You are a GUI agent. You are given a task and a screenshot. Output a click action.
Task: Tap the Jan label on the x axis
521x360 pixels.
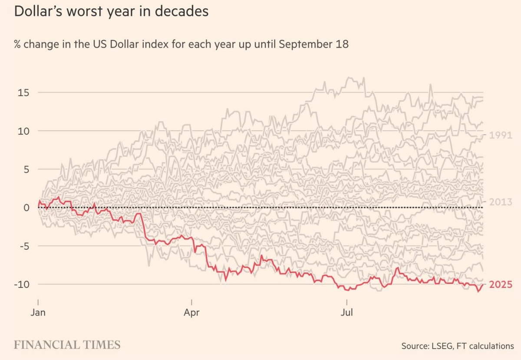tap(39, 312)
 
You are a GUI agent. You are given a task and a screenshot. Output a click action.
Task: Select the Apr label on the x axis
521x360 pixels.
tap(191, 312)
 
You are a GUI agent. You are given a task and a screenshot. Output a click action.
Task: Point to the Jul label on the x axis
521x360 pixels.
tap(346, 312)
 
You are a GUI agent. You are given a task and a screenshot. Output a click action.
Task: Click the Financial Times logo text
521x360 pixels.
tap(67, 345)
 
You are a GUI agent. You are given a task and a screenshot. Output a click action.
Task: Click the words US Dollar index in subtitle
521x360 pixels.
tap(124, 44)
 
